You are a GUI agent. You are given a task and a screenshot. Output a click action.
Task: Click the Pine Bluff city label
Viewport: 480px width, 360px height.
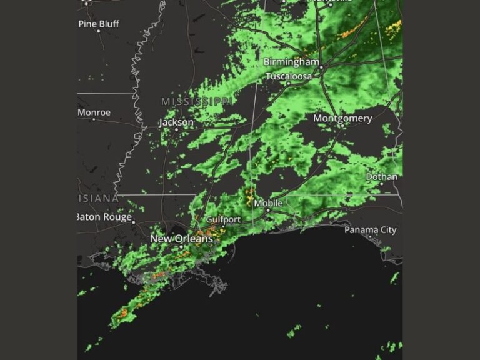point(99,24)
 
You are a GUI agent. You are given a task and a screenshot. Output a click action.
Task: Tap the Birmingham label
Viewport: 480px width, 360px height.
point(291,62)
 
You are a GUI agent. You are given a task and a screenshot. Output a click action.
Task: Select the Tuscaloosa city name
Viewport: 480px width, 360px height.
point(289,76)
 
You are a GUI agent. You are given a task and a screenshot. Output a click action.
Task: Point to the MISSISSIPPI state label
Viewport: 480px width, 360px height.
point(197,101)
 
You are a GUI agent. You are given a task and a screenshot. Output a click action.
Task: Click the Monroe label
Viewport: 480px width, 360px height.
point(94,112)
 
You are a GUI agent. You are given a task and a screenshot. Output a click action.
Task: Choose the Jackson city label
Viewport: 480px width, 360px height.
point(176,122)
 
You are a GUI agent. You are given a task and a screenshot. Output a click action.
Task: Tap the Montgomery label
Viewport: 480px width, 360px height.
point(342,118)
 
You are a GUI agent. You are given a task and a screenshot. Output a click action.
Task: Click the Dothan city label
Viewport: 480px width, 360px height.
point(381,177)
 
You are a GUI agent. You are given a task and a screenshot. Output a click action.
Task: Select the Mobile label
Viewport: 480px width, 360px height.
point(269,204)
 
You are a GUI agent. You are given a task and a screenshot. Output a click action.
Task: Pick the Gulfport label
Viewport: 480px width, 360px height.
point(223,220)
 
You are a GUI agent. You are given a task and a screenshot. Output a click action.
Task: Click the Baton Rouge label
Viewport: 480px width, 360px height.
point(105,217)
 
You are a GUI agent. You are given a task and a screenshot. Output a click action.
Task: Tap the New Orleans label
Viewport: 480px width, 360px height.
point(181,239)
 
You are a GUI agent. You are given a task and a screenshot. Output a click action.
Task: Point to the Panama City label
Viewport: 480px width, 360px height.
point(371,230)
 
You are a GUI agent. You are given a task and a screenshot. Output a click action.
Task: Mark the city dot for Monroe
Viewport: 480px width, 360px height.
point(94,119)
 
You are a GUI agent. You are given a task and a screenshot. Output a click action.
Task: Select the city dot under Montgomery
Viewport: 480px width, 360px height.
point(342,126)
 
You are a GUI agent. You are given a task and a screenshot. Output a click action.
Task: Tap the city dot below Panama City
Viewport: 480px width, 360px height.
point(370,237)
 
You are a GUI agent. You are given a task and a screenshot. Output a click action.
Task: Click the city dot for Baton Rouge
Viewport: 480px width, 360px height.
point(134,221)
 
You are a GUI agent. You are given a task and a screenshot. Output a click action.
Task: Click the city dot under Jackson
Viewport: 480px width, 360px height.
point(176,130)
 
